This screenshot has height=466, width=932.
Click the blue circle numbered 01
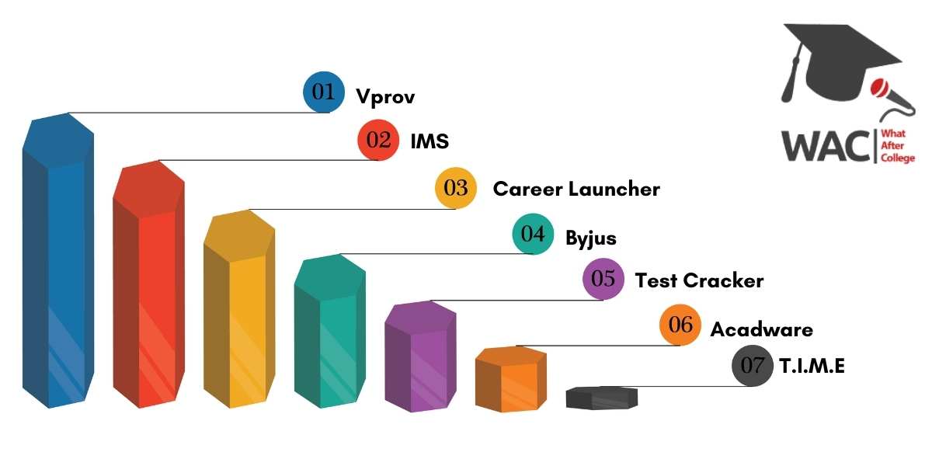[x=324, y=92]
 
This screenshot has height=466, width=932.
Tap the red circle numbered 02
[x=378, y=140]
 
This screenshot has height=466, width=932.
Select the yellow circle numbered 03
[x=456, y=188]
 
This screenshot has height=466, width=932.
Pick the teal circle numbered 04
[x=533, y=234]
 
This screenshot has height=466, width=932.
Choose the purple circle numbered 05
[x=603, y=279]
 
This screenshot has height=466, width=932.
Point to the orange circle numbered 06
[x=680, y=325]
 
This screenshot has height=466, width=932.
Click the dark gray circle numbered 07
[x=753, y=366]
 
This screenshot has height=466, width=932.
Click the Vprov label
[x=385, y=97]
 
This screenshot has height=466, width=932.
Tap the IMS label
[x=429, y=141]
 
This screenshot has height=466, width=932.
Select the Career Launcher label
[x=576, y=189]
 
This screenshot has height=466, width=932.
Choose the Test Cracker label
[x=700, y=280]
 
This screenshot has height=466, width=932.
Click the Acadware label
[x=761, y=329]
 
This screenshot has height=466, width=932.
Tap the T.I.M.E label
[x=812, y=366]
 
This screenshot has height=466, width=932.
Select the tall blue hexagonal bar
[x=58, y=261]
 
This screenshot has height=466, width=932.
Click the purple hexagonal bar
[x=421, y=356]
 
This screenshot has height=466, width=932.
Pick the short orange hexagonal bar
[x=511, y=379]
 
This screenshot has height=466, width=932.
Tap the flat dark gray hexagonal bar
[x=602, y=398]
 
